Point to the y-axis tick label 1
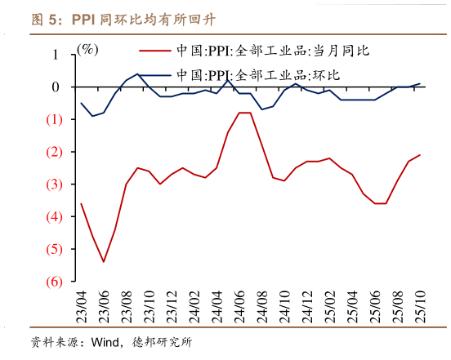[x=55, y=55]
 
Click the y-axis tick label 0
[x=55, y=87]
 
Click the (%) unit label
[x=87, y=49]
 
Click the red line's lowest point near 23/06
[x=103, y=262]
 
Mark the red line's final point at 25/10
[x=420, y=155]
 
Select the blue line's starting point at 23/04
[x=81, y=103]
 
